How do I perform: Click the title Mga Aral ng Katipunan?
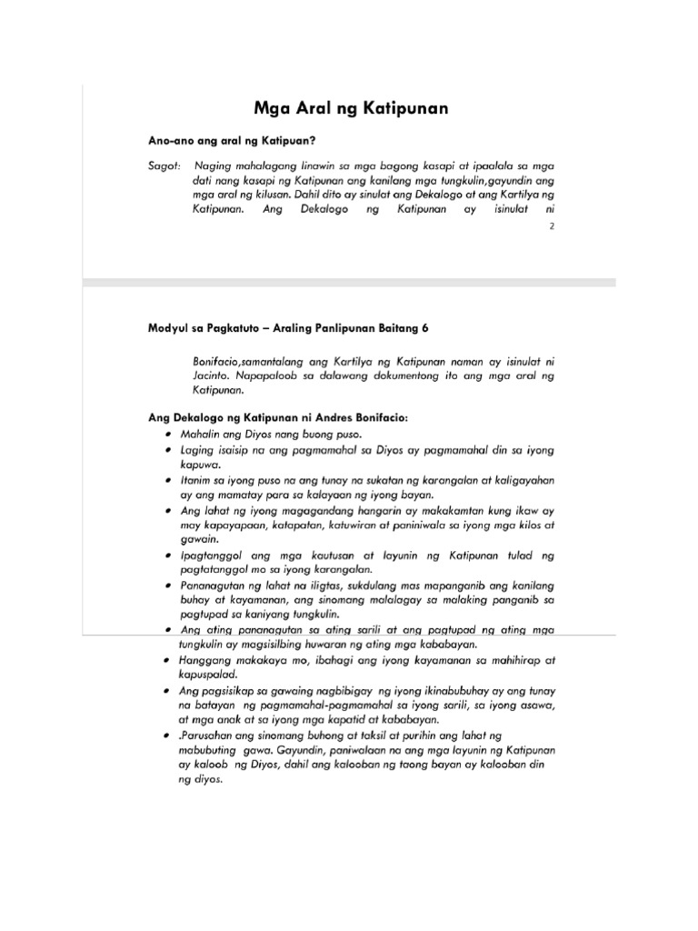(x=350, y=110)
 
